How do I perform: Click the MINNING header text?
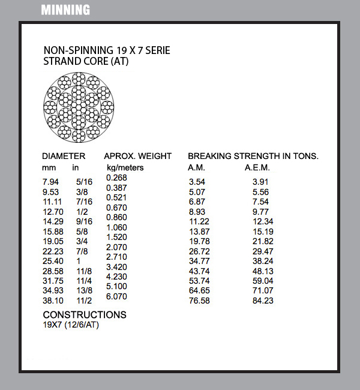(x=65, y=10)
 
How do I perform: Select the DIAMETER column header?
(x=64, y=156)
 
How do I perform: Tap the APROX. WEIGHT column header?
(x=138, y=156)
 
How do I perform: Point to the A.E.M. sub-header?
(x=257, y=167)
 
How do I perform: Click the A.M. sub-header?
(x=197, y=167)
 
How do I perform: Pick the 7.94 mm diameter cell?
(x=51, y=181)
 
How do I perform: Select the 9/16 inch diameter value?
(x=83, y=221)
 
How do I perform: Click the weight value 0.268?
(x=116, y=178)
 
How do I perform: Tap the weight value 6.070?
(x=116, y=296)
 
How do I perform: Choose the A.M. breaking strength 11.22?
(x=199, y=221)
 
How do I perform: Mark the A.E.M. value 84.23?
(x=263, y=301)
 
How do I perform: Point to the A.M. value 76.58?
(x=199, y=301)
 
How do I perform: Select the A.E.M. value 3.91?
(x=260, y=182)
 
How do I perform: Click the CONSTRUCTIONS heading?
(x=85, y=315)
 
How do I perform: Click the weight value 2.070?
(x=116, y=247)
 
